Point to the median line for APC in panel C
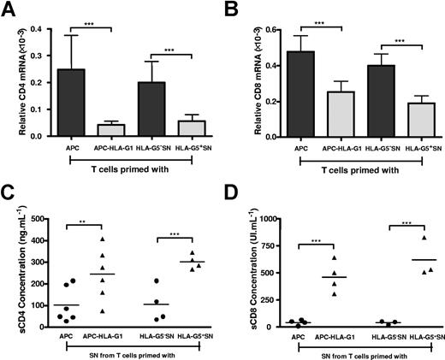67,304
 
